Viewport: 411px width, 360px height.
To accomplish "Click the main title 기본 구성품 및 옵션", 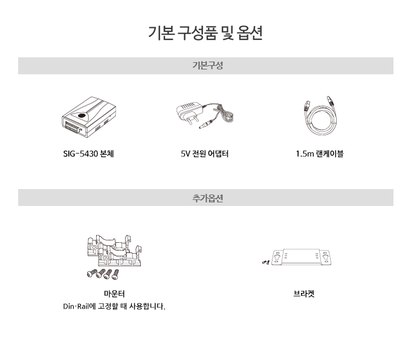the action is [205, 33].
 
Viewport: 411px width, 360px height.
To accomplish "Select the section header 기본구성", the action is [207, 65].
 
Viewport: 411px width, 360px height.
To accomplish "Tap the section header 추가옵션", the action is [207, 198].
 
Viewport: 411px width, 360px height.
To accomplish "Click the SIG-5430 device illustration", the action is [89, 117].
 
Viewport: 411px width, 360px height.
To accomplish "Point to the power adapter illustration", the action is [205, 115].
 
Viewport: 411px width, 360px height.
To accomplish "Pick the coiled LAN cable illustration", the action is [320, 115].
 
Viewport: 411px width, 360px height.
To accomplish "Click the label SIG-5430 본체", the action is [88, 153].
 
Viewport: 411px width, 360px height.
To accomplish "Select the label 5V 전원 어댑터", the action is [204, 153].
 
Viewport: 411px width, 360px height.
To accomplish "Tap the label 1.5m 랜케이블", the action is [320, 153].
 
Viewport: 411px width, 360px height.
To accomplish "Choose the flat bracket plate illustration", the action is [301, 257].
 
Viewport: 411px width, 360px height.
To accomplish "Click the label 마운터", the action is [114, 294].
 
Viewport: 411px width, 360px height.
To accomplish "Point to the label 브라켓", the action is [304, 294].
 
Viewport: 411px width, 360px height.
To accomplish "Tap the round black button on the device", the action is [82, 115].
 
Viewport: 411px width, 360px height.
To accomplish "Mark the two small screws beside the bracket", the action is [266, 262].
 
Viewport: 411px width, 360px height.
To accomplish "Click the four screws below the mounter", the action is [103, 274].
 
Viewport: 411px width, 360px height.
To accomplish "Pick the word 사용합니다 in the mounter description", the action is [147, 306].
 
